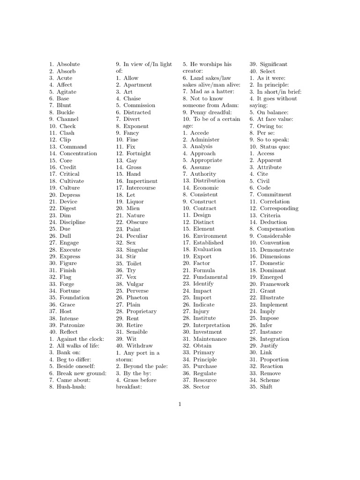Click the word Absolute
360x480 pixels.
point(68,64)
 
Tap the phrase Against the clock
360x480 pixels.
point(81,339)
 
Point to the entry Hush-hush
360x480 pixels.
point(71,387)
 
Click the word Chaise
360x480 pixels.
point(132,98)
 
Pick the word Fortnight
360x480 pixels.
point(139,153)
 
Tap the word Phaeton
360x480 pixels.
point(137,298)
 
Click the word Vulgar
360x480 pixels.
point(135,284)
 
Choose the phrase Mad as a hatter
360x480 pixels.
point(212,92)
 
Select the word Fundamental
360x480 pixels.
point(210,277)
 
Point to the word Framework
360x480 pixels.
point(275,284)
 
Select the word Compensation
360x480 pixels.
point(278,229)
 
